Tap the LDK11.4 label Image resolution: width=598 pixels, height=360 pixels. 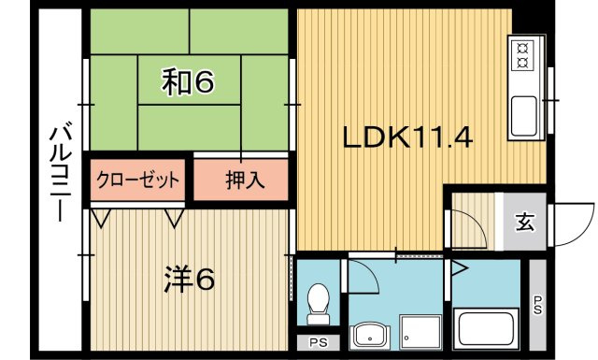(407, 138)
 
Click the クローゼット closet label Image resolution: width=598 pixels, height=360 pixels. (137, 180)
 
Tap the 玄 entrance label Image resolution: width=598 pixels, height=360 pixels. (525, 223)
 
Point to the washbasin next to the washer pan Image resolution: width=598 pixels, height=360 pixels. (372, 334)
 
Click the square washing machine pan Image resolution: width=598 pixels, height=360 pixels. (420, 333)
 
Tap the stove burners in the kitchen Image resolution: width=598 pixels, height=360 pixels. (520, 54)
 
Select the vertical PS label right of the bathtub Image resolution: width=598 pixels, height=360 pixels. (537, 305)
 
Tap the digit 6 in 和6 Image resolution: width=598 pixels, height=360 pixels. (205, 83)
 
